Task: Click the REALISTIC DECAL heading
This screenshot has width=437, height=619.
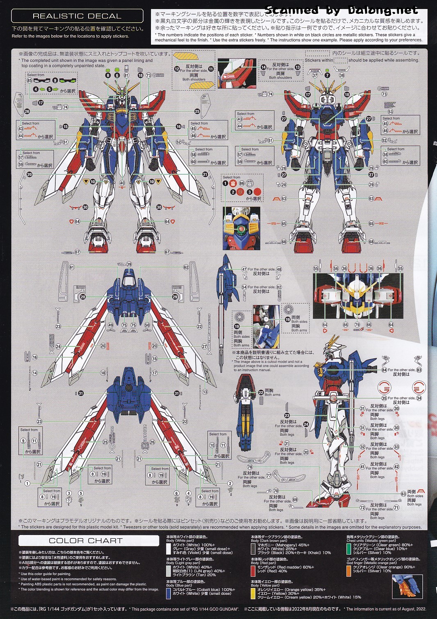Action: (77, 16)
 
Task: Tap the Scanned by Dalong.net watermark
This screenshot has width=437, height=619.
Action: (341, 10)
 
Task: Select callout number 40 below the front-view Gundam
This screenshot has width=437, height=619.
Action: (122, 183)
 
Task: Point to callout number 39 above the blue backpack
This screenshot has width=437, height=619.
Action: (129, 264)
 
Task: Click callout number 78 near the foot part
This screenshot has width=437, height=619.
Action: (250, 467)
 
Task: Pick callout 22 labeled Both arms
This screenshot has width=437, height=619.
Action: (261, 392)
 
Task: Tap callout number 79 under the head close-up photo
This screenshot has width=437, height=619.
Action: (357, 325)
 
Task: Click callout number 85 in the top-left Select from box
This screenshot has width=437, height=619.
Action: (30, 80)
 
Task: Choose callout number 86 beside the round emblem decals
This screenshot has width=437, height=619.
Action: (241, 183)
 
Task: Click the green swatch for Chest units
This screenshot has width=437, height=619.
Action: (349, 548)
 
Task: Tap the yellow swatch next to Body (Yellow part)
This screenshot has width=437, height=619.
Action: (253, 593)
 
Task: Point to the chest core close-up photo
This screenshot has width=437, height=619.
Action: (241, 228)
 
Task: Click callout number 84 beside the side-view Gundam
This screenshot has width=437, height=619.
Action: (384, 370)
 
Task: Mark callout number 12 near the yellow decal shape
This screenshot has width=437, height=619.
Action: (177, 69)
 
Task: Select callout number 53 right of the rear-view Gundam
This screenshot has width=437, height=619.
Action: (390, 112)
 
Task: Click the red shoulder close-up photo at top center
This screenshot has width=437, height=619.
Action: (237, 73)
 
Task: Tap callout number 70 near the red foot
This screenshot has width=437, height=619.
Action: (276, 491)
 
